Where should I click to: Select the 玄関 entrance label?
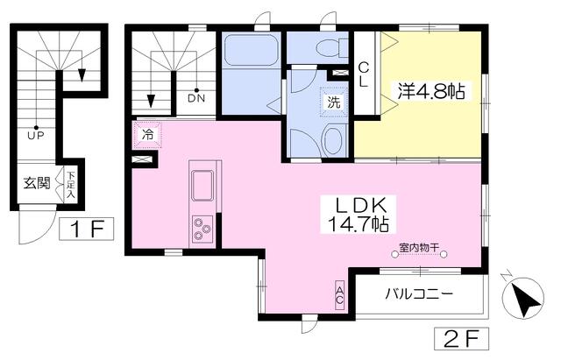(x=37, y=184)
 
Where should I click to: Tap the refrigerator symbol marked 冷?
(x=147, y=135)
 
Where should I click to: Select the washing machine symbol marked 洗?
(x=334, y=101)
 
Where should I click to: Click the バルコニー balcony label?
(x=418, y=294)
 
